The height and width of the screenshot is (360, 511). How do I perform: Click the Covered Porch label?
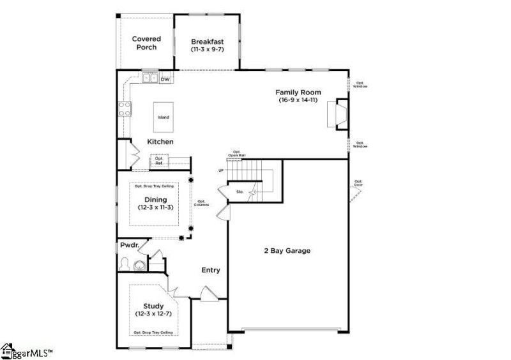pos(146,43)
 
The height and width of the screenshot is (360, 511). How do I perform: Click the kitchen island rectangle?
pos(164,117)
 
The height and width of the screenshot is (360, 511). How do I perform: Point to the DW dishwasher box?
pos(165,79)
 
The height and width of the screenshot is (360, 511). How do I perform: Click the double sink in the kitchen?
pos(149,79)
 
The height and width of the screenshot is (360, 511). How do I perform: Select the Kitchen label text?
pos(160,142)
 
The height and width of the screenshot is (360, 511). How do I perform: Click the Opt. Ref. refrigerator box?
pos(159,162)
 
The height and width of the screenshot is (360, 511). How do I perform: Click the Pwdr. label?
pos(129,246)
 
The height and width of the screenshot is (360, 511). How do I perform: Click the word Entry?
pos(211,270)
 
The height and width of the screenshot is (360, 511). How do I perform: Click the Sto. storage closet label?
pos(240,191)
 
